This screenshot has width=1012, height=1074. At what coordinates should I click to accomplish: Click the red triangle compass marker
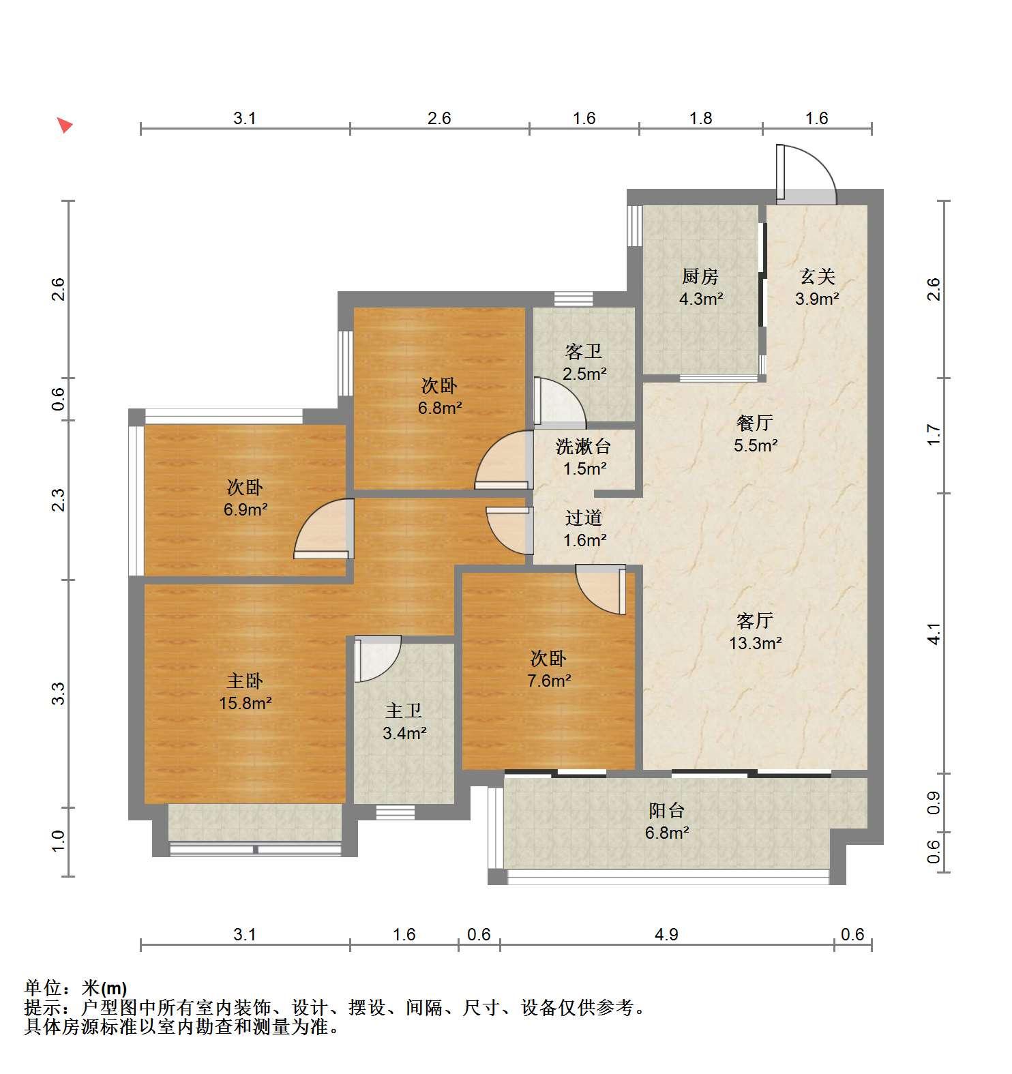[65, 125]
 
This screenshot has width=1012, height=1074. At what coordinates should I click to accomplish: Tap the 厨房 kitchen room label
[700, 277]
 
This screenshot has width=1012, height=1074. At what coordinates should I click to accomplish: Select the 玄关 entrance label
[817, 277]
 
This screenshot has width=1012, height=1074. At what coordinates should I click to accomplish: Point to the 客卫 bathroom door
[559, 402]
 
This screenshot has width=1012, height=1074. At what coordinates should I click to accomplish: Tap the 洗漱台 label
[583, 447]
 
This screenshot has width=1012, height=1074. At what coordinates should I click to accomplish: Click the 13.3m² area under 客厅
[755, 642]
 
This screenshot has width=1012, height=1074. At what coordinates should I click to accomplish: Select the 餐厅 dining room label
[754, 423]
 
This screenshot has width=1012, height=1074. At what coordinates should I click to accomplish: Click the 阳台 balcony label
[666, 811]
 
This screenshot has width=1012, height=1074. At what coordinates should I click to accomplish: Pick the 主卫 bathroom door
[377, 658]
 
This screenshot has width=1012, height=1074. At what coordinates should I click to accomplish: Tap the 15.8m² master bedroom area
[245, 702]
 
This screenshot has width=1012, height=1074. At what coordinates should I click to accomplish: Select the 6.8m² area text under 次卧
[439, 408]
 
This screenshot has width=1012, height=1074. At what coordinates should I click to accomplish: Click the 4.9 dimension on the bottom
[666, 934]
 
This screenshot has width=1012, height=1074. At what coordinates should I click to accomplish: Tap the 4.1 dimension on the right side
[934, 633]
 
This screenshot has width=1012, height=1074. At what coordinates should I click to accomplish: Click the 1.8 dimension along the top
[700, 118]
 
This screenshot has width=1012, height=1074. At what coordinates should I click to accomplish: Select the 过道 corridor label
[584, 518]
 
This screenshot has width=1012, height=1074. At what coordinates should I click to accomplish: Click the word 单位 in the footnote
[42, 987]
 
